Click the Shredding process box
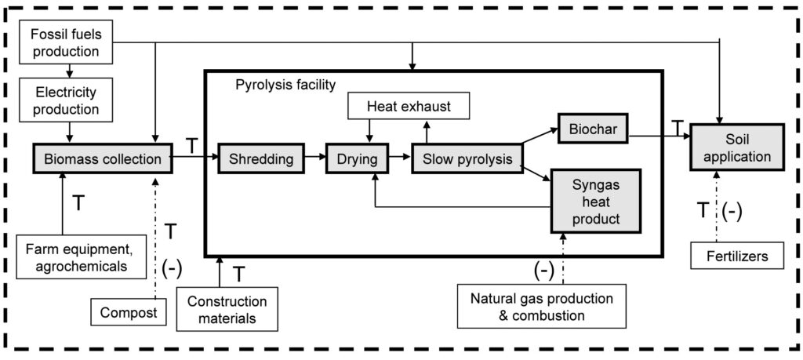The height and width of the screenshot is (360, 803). coord(261,159)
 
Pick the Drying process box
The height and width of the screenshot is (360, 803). coord(357,159)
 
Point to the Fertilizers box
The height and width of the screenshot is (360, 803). coord(736,256)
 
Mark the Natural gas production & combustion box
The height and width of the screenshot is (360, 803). coord(541,307)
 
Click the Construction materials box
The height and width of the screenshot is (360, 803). coord(227,310)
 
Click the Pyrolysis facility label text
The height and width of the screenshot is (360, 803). coord(285,83)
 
